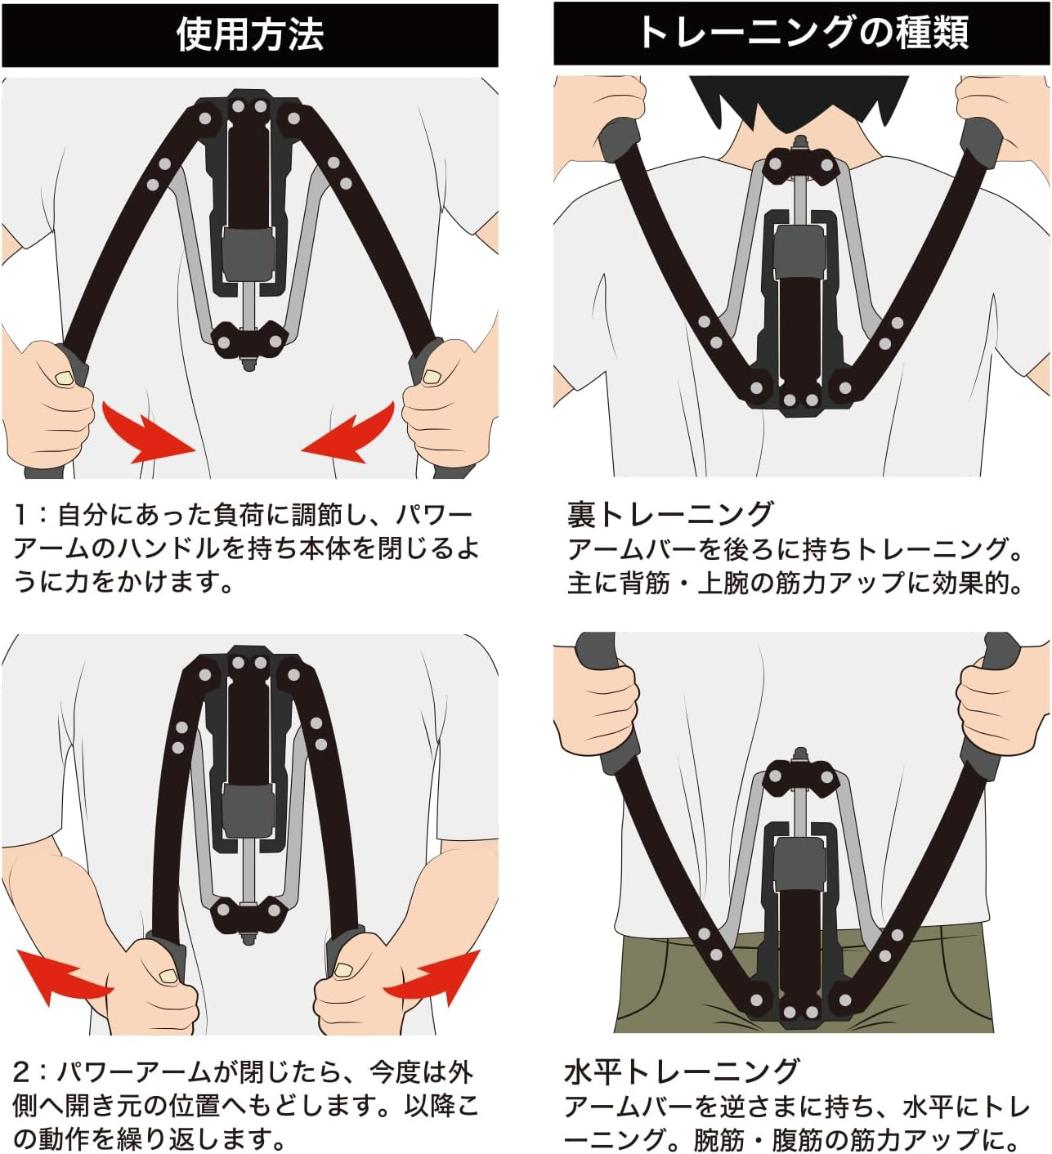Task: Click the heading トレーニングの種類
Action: pyautogui.click(x=804, y=33)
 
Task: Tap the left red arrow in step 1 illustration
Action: pyautogui.click(x=147, y=432)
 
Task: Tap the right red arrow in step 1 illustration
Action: pyautogui.click(x=349, y=432)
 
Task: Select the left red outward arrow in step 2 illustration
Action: pyautogui.click(x=63, y=976)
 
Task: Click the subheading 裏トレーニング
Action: pyautogui.click(x=670, y=514)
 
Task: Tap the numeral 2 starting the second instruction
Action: pyautogui.click(x=21, y=1071)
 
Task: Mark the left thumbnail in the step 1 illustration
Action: pyautogui.click(x=64, y=378)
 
